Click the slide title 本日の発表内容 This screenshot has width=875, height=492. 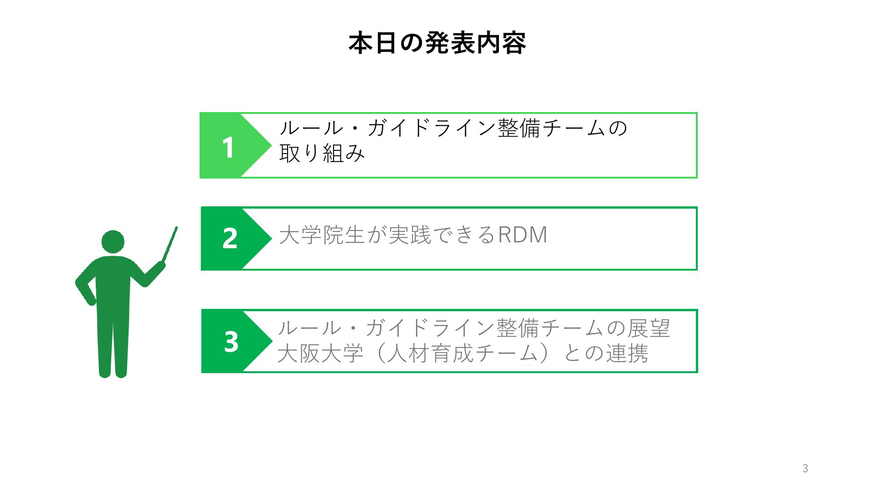click(x=437, y=44)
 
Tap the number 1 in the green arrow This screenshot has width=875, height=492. click(x=228, y=148)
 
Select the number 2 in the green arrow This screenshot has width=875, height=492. click(x=230, y=238)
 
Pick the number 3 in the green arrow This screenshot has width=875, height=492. click(x=231, y=341)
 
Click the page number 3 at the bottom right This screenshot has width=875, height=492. click(x=805, y=468)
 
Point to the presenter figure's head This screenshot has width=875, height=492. click(x=113, y=242)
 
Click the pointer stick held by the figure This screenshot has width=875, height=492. click(x=170, y=245)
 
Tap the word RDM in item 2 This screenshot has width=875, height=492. click(x=522, y=235)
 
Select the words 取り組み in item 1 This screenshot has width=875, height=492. click(x=322, y=153)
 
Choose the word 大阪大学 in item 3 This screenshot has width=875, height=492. click(x=320, y=353)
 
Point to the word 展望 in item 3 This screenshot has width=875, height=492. click(x=648, y=328)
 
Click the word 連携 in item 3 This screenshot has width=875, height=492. click(x=626, y=353)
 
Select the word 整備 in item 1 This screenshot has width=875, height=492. click(x=519, y=128)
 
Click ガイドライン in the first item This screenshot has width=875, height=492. click(x=432, y=128)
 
